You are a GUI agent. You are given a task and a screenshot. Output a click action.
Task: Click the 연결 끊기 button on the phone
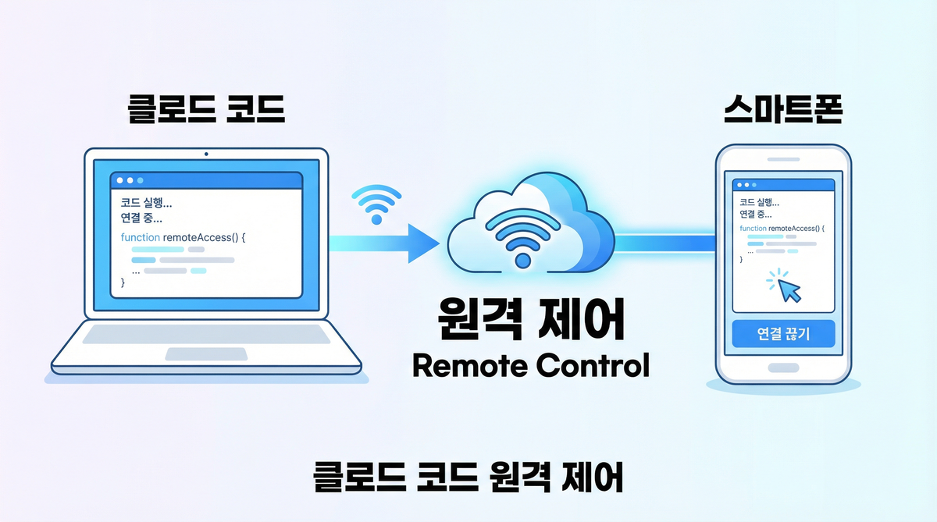[784, 336]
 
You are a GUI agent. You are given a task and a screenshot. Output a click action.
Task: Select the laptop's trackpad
[206, 353]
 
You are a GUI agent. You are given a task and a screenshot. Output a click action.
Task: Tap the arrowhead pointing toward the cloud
[422, 244]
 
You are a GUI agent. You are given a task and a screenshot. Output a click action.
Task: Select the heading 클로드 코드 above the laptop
[207, 111]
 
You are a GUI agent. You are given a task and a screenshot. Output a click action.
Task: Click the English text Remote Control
[529, 364]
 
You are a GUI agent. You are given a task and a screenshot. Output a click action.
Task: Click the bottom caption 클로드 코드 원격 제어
[468, 477]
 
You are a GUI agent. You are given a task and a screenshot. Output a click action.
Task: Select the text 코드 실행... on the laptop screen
[147, 202]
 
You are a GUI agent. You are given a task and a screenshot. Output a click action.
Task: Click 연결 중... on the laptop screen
[146, 217]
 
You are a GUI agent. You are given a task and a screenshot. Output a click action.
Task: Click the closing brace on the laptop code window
[123, 282]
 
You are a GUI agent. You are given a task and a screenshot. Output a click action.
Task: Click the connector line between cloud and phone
[664, 243]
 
